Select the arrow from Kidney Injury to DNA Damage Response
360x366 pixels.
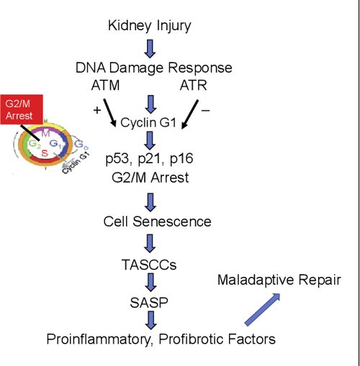coord(150,48)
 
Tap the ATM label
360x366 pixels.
coord(107,86)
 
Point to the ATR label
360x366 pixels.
coord(194,86)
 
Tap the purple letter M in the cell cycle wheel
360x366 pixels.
coord(45,134)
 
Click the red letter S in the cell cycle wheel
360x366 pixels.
coord(44,152)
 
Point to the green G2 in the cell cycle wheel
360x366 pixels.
coord(32,143)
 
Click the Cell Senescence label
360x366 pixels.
coord(157,221)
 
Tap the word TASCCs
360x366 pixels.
coord(150,263)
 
